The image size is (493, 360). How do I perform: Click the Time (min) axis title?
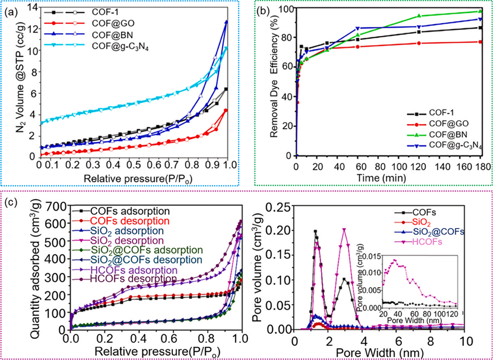(388, 176)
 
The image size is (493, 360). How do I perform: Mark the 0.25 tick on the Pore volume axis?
(280, 207)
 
